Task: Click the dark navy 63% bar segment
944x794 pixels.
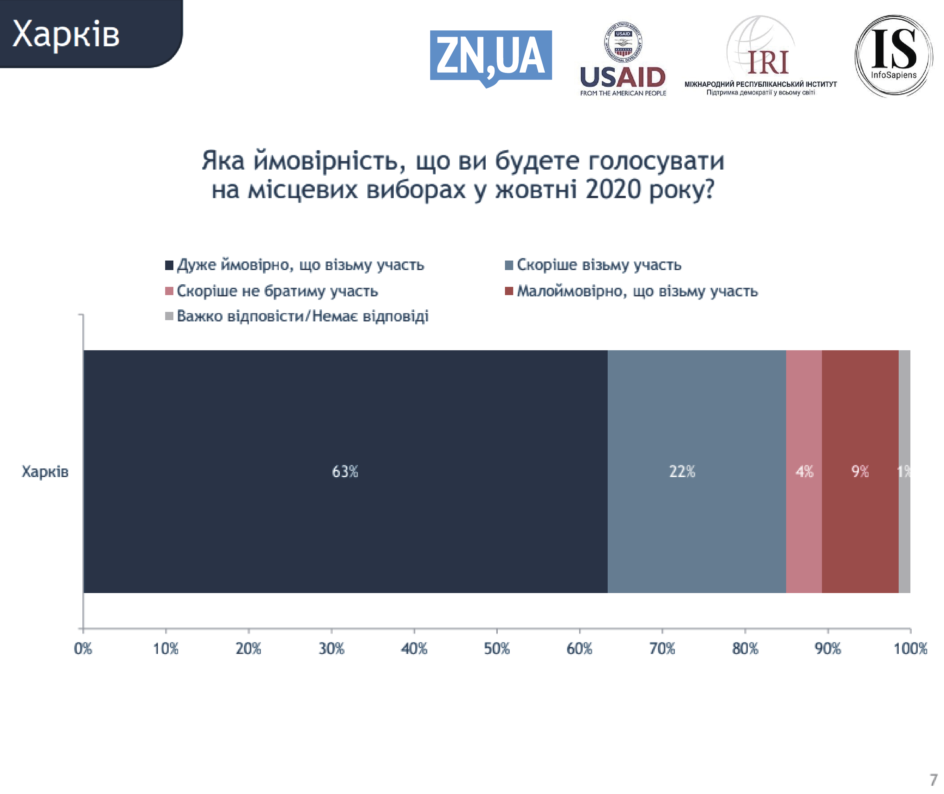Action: (345, 471)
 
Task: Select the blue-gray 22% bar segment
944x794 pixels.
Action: (696, 471)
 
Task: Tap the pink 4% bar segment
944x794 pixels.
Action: (804, 471)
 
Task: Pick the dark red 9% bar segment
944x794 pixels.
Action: (860, 471)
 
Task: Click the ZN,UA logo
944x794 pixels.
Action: (491, 57)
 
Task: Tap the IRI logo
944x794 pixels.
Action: (760, 57)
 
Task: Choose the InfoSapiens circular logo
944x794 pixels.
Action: (893, 56)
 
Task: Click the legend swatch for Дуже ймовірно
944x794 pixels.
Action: (169, 265)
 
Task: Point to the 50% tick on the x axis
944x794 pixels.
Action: (496, 649)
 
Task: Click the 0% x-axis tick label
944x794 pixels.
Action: (83, 649)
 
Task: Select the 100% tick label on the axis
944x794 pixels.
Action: (910, 649)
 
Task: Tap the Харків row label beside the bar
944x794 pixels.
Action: (45, 471)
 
